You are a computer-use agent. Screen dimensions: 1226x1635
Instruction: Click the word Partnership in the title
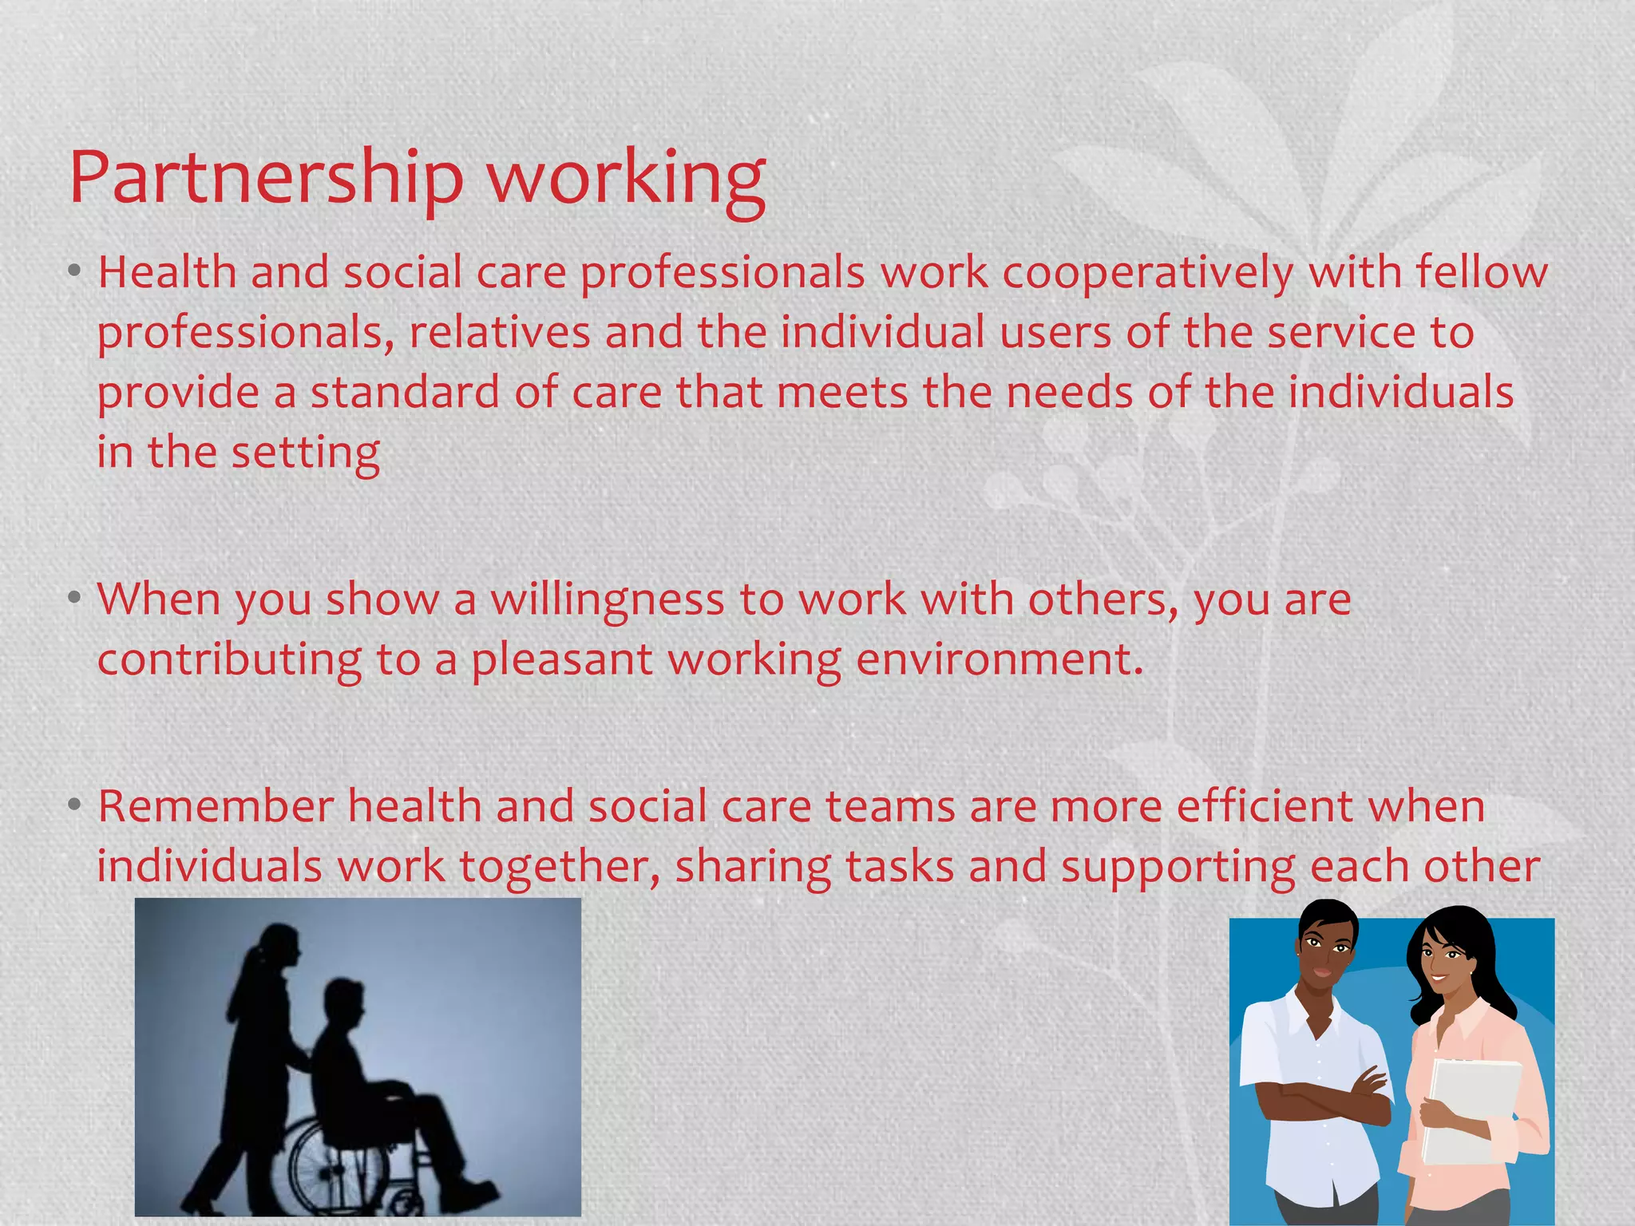coord(266,177)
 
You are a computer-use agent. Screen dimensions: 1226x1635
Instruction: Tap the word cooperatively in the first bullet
coord(1148,273)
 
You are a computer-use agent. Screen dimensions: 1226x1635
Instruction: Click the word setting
coord(305,453)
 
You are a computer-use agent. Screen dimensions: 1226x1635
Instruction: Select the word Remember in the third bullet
coord(216,806)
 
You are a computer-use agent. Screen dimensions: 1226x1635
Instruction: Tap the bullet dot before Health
coord(74,272)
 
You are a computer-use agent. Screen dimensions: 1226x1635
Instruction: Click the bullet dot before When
coord(74,598)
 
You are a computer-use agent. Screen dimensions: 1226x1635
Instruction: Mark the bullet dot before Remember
coord(74,805)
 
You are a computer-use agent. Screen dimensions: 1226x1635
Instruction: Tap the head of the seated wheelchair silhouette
coord(345,1002)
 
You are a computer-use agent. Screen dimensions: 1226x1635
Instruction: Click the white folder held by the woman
coord(1473,1109)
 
